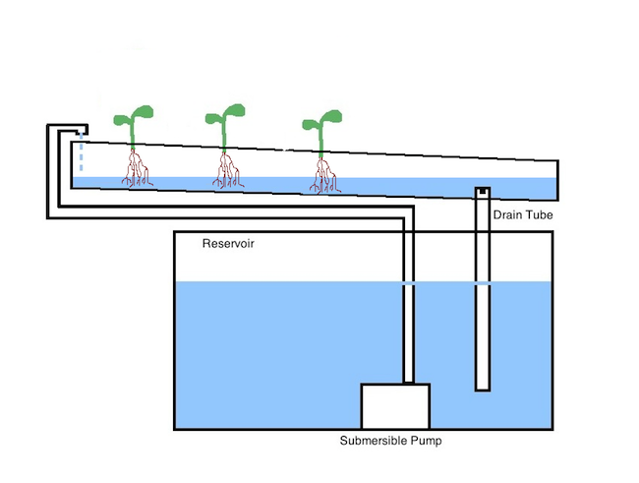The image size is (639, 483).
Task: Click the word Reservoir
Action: click(228, 244)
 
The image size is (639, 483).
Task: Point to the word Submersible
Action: click(373, 441)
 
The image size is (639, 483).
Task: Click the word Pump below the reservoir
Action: click(426, 441)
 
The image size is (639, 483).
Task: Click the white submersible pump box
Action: click(395, 406)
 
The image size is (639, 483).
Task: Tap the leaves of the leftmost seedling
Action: click(134, 115)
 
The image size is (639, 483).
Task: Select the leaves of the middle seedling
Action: click(225, 114)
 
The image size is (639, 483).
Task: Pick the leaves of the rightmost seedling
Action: click(321, 120)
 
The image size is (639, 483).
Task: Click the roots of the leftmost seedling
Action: click(137, 168)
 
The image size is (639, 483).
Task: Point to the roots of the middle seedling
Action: click(228, 170)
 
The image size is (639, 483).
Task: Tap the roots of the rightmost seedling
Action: click(324, 175)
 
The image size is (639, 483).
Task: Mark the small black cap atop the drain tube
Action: click(483, 191)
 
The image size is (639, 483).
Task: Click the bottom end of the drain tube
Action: click(483, 390)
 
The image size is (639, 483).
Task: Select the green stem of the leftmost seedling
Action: click(133, 133)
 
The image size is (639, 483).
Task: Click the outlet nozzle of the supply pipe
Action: click(81, 132)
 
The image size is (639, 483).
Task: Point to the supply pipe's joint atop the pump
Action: click(408, 383)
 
